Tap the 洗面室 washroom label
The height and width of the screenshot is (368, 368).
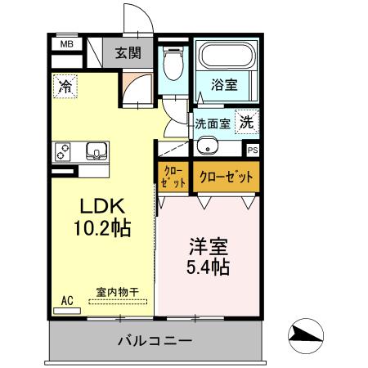(212, 124)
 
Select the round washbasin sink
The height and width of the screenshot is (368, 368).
(206, 147)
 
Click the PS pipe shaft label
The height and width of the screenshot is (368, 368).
(253, 150)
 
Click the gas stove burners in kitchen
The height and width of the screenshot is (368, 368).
(64, 151)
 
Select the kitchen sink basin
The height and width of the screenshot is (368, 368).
(96, 150)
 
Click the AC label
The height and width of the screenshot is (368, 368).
(67, 301)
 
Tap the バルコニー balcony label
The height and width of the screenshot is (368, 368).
(154, 339)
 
